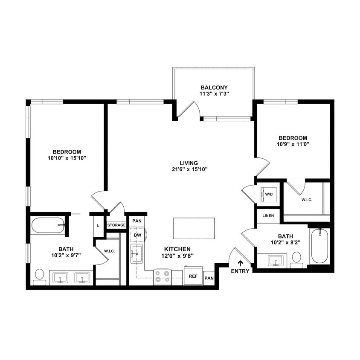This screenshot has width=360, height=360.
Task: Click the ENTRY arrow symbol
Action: [240, 264]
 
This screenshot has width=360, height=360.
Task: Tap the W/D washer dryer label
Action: [269, 194]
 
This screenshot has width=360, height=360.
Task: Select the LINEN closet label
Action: [268, 215]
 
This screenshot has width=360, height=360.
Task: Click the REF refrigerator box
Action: [193, 276]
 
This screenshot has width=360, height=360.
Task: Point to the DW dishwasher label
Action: [137, 235]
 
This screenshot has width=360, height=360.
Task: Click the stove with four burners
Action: [162, 276]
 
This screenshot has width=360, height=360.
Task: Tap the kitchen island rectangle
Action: [194, 229]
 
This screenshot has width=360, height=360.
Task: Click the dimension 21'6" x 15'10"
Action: [189, 169]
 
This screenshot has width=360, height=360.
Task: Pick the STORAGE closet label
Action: [116, 225]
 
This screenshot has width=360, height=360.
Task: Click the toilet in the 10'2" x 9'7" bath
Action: [40, 276]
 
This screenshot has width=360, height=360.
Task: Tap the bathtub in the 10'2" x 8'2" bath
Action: [319, 247]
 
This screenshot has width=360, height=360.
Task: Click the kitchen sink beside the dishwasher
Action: [136, 255]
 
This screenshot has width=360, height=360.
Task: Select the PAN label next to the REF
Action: [209, 278]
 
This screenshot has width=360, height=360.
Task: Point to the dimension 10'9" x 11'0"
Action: [293, 144]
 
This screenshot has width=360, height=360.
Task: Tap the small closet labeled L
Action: [99, 225]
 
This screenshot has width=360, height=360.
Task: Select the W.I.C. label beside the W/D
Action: [307, 199]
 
